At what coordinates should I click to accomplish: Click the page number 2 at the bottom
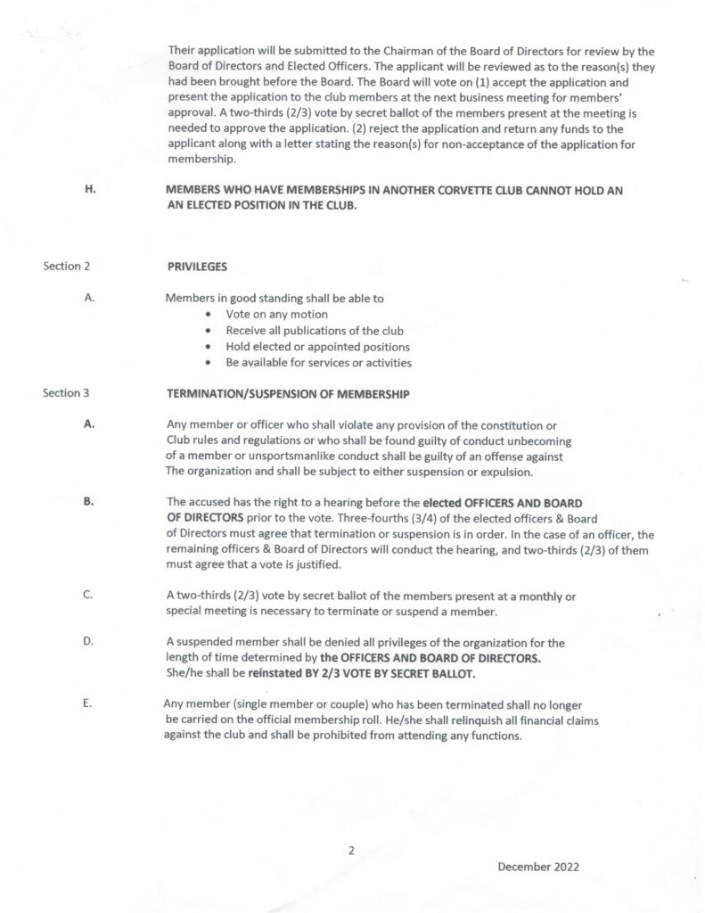pos(351,850)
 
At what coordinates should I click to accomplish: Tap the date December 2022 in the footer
pos(538,866)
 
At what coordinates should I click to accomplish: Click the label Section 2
pos(66,266)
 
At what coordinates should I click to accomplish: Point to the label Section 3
pos(66,392)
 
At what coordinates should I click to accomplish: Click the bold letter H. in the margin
pos(90,189)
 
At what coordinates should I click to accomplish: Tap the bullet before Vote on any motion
pos(208,315)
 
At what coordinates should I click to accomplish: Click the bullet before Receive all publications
pos(208,331)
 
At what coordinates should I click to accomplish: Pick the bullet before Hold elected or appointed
pos(208,347)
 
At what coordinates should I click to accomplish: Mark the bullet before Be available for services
pos(208,363)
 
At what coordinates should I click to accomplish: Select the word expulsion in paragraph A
pos(504,472)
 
